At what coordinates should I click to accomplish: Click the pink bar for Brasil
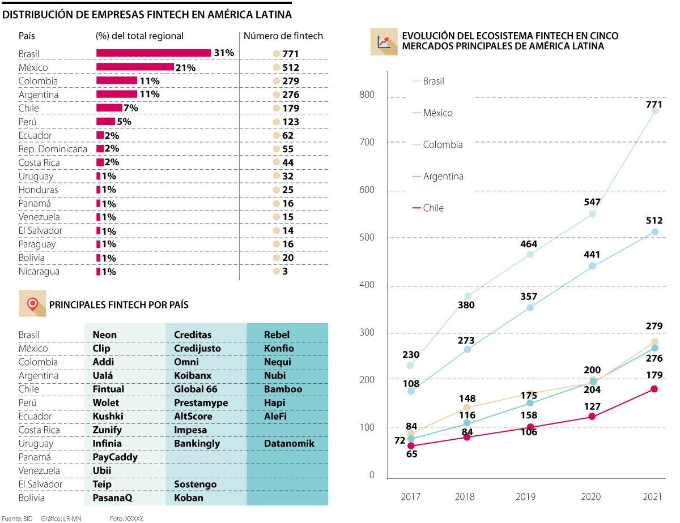click(154, 53)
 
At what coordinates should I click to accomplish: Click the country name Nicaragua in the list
click(39, 271)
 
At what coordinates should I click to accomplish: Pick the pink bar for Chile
click(109, 108)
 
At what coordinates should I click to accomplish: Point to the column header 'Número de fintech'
click(283, 36)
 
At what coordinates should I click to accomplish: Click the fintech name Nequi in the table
click(277, 362)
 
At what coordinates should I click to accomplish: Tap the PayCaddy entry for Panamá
click(115, 457)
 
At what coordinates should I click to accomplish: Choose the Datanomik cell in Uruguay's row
click(288, 443)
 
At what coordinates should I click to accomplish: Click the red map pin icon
click(32, 304)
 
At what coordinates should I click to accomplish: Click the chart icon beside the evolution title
click(384, 41)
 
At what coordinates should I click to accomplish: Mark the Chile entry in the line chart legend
click(433, 208)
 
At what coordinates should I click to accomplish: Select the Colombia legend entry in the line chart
click(442, 144)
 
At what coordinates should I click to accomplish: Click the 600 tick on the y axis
click(368, 190)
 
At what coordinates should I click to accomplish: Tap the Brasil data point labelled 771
click(654, 112)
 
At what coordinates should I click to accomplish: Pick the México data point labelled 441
click(592, 265)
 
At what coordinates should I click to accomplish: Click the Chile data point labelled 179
click(654, 389)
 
